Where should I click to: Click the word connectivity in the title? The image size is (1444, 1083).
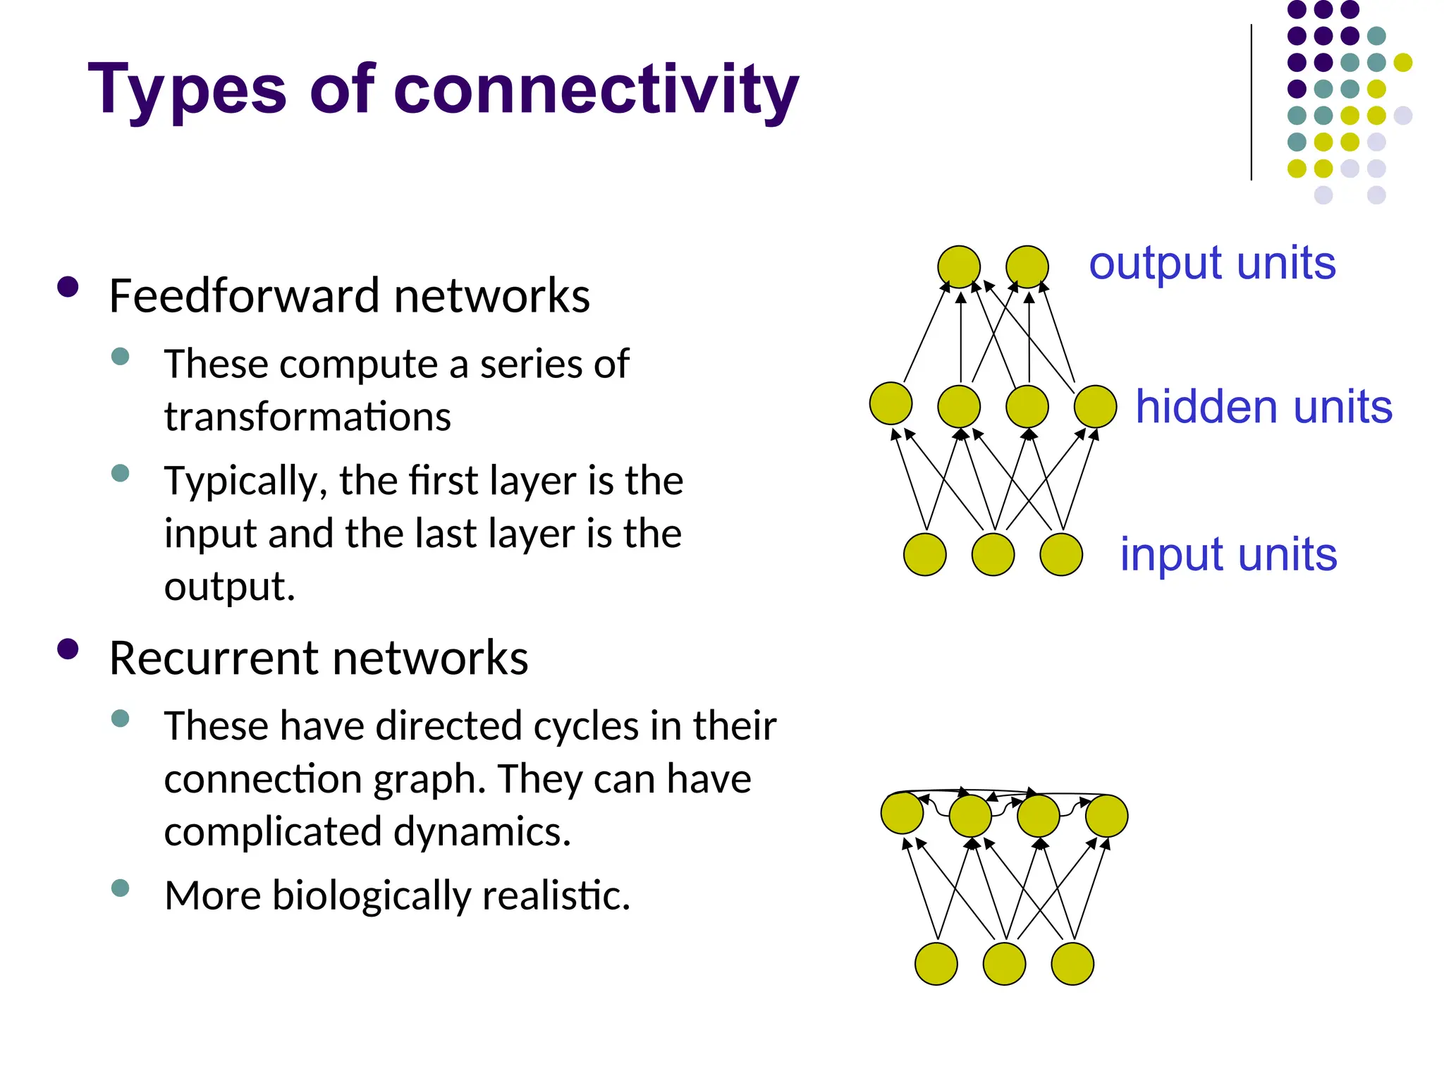tap(596, 90)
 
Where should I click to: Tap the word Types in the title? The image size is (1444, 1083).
tap(187, 90)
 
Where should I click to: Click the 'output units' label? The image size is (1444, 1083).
tap(1212, 263)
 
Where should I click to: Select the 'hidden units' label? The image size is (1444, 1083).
tap(1263, 407)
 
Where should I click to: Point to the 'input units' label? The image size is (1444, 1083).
tap(1228, 554)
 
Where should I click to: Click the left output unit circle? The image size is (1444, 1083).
tap(959, 267)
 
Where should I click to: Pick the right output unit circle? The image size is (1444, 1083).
tap(1027, 267)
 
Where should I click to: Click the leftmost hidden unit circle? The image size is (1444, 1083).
tap(891, 403)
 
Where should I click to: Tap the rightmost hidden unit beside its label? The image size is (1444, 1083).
tap(1095, 406)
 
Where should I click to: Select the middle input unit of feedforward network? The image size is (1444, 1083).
tap(993, 554)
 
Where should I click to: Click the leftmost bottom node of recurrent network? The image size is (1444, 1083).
tap(936, 963)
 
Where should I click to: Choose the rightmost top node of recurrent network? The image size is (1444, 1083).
tap(1106, 815)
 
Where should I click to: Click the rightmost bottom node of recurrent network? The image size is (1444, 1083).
tap(1072, 963)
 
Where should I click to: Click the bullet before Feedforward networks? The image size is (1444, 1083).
tap(68, 287)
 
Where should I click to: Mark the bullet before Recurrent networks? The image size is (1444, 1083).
tap(68, 649)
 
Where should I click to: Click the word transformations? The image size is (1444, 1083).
tap(307, 417)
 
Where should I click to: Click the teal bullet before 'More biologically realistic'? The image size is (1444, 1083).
tap(121, 888)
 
